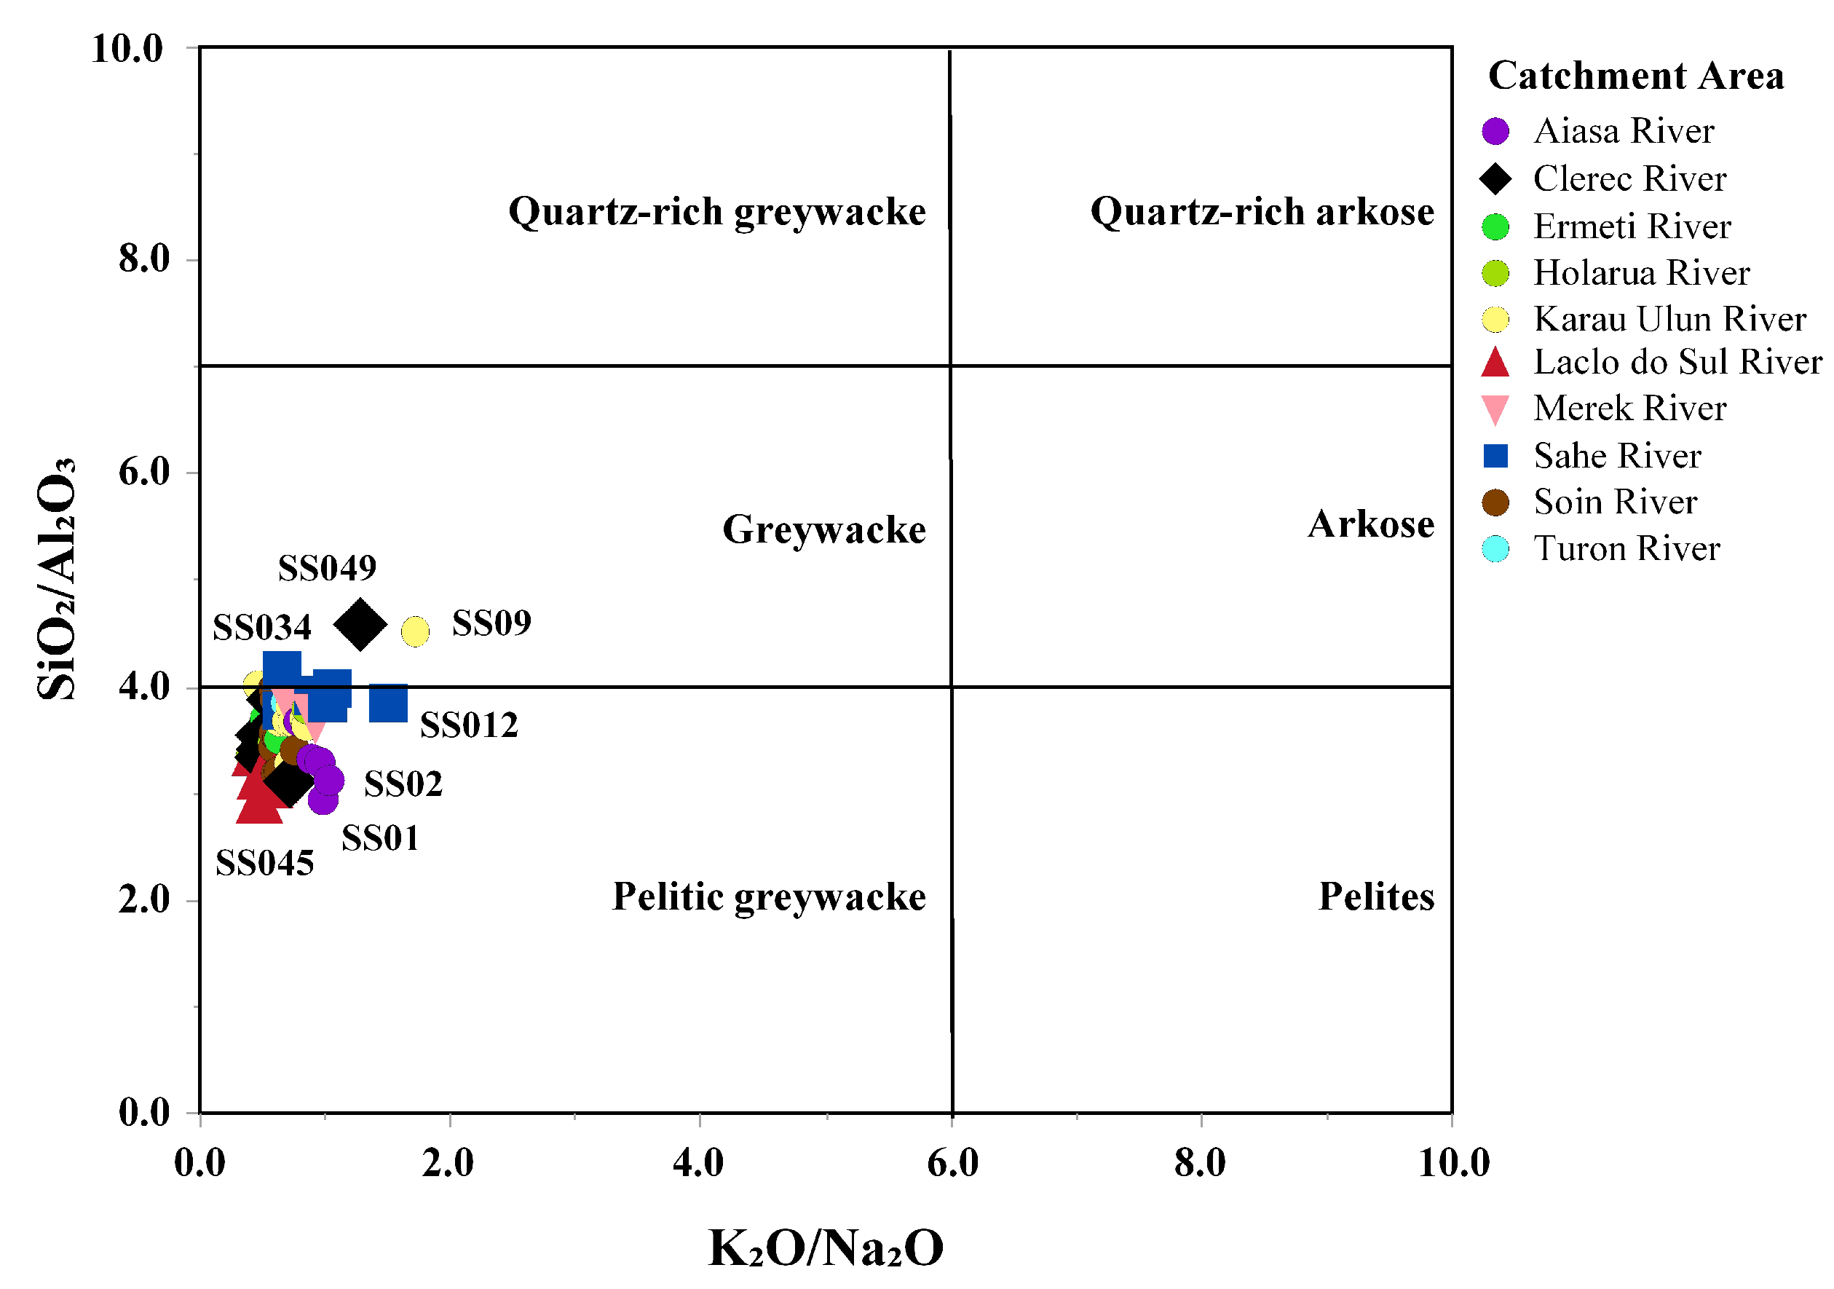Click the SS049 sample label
pos(327,568)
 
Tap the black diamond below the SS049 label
pos(360,624)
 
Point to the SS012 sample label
pos(469,725)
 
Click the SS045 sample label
pos(264,863)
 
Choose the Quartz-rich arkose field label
pos(1262,212)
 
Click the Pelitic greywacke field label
pos(770,896)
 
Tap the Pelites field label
pos(1376,896)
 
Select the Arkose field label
pos(1371,524)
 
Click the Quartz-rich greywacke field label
pos(717,212)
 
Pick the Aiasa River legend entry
pos(1623,131)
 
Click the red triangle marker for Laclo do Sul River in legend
pos(1495,362)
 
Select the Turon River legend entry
pos(1627,549)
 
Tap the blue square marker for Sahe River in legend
pos(1495,455)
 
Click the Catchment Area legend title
pos(1636,76)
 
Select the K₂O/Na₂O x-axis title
pos(826,1247)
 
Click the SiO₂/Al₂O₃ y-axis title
pos(56,580)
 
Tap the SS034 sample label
pos(262,627)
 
